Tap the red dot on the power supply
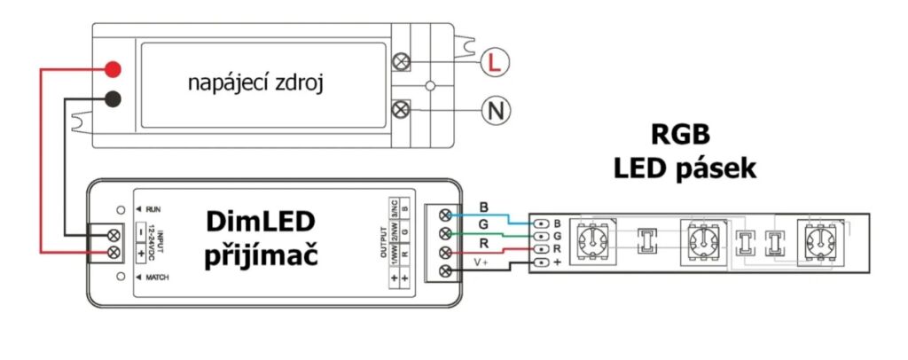click(113, 68)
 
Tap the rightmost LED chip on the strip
click(820, 240)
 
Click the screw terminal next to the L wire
click(401, 62)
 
